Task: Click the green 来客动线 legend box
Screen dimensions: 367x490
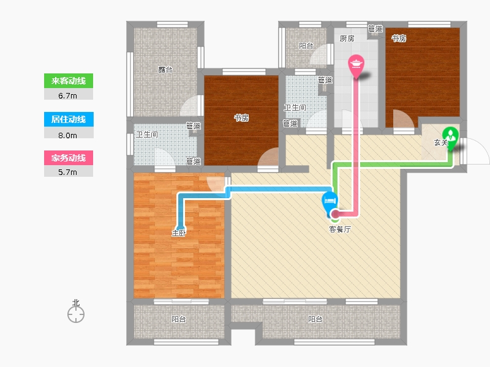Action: (x=68, y=81)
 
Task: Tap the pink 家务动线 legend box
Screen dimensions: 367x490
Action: (x=68, y=158)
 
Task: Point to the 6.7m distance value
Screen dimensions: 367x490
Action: (x=68, y=95)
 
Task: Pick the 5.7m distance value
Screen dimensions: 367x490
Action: (x=68, y=172)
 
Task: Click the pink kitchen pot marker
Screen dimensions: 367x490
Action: (x=356, y=64)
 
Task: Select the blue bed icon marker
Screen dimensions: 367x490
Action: (x=330, y=199)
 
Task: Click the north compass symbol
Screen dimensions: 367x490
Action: (x=76, y=313)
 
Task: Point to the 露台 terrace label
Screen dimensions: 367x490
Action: (x=165, y=70)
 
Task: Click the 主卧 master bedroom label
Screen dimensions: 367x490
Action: (x=179, y=232)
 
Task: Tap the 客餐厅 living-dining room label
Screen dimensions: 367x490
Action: (x=341, y=229)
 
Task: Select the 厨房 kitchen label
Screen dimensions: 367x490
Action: (x=347, y=38)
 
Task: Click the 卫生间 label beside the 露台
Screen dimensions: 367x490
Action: (x=147, y=135)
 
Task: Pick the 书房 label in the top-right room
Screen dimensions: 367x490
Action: (x=399, y=38)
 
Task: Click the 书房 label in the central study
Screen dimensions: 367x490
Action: (x=241, y=117)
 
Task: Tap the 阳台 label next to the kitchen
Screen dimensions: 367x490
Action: (x=306, y=45)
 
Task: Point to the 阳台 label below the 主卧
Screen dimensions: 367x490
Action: (x=179, y=319)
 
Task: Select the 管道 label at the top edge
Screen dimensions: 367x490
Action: (x=375, y=28)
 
